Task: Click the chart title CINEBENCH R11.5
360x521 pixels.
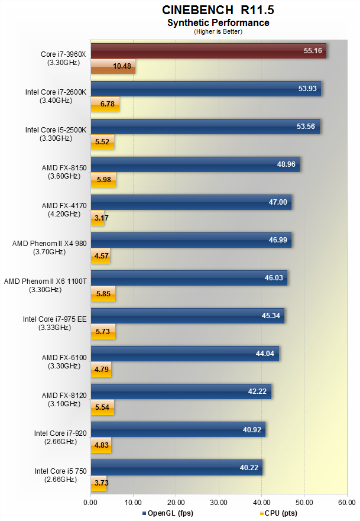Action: point(218,10)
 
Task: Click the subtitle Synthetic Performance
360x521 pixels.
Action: point(218,23)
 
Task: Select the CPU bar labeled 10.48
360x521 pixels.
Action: point(113,67)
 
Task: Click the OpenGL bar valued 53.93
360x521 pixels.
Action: point(205,89)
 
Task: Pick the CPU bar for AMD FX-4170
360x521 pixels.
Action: point(97,218)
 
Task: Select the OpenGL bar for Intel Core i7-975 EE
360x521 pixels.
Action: point(187,316)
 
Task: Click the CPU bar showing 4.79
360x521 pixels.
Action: point(100,370)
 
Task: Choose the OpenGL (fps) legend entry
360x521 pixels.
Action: point(168,513)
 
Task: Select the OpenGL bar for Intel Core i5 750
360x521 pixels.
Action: point(176,467)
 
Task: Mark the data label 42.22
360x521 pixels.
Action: point(258,391)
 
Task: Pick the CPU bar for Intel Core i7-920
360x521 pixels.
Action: point(100,445)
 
